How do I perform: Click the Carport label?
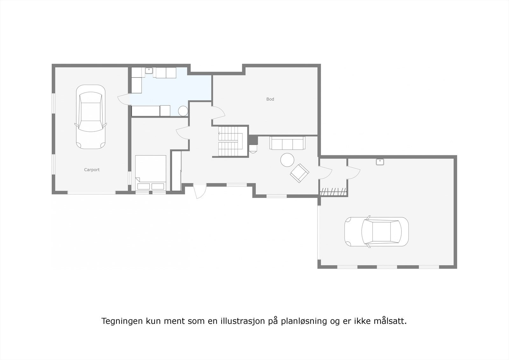coord(92,170)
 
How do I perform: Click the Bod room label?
coord(270,99)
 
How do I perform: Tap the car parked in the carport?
coord(91,117)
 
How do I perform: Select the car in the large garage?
coord(376,232)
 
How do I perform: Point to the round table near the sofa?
coord(287,160)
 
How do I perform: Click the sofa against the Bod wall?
coord(287,143)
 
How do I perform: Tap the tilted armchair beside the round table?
coord(299,173)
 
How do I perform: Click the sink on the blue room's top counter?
coord(149,71)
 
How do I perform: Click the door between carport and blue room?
coord(123,99)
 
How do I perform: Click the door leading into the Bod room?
coord(218,113)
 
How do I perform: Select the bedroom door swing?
coord(183,132)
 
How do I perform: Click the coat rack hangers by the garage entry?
coord(333,192)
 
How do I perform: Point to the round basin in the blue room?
coord(183,111)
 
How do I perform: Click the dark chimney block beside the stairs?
coord(253,140)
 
